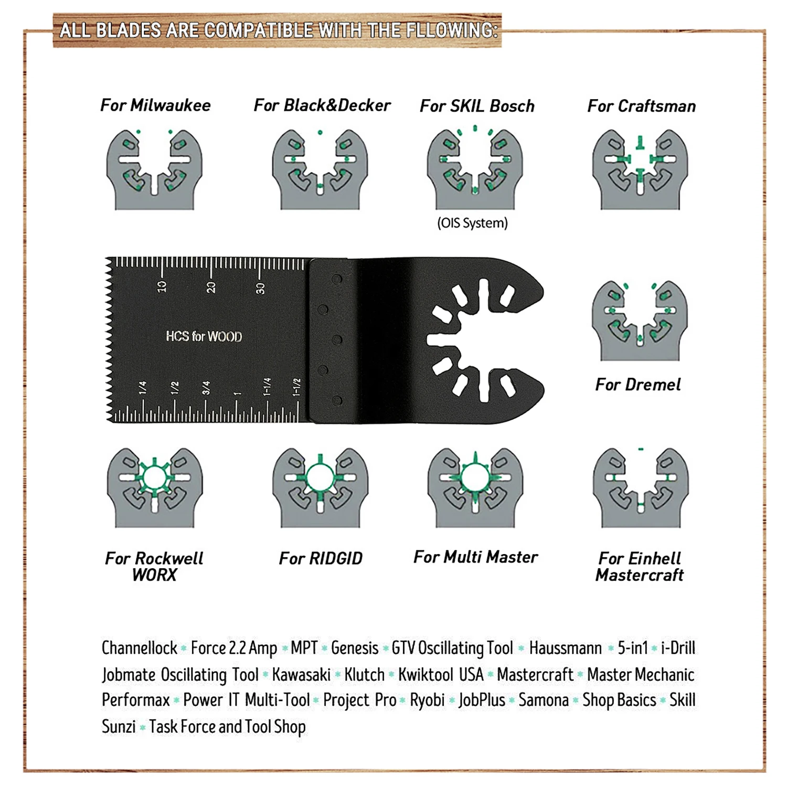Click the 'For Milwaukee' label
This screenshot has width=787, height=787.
[x=155, y=105]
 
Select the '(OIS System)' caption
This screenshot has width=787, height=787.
[x=472, y=223]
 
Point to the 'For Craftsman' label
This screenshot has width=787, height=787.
[x=641, y=106]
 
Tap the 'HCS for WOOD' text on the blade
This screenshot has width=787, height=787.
[x=204, y=336]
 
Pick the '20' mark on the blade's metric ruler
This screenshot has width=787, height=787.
[x=210, y=287]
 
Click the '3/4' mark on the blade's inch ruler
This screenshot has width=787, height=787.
[x=206, y=388]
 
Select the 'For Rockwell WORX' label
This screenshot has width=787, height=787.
[x=154, y=566]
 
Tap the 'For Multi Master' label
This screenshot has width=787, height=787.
[x=475, y=557]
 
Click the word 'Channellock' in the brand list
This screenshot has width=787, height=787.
[x=140, y=648]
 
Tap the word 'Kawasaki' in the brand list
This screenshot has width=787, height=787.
[x=301, y=674]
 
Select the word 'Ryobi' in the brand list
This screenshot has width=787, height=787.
[x=427, y=700]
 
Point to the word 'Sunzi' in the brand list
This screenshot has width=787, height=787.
[x=119, y=727]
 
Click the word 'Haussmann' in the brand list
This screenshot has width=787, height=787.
[x=565, y=648]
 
